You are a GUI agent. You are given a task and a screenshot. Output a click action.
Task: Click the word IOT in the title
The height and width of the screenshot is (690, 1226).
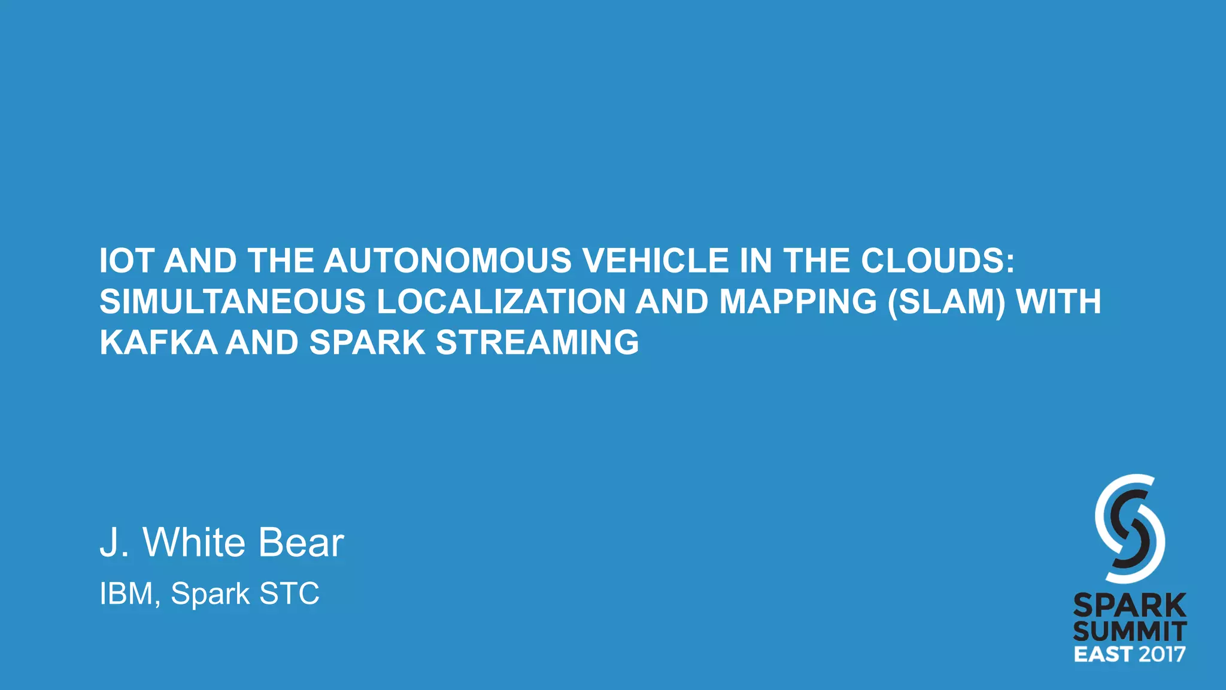(126, 261)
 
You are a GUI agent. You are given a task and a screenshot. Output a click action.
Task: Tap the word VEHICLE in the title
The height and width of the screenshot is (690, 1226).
(656, 261)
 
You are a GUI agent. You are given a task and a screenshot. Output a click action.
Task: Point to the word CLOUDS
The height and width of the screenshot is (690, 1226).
(937, 261)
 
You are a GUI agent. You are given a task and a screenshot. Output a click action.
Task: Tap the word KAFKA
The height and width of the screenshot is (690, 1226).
(159, 343)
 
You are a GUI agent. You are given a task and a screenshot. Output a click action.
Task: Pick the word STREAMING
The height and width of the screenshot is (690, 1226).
(537, 343)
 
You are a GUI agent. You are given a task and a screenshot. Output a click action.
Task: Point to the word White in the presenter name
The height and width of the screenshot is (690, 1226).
(194, 543)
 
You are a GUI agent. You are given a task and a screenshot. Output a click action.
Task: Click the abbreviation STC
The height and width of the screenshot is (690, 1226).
(289, 594)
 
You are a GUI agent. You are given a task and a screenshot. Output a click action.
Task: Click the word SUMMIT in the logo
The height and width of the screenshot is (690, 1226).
(1130, 631)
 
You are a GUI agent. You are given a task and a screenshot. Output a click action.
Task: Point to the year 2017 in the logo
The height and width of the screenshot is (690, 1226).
(1162, 653)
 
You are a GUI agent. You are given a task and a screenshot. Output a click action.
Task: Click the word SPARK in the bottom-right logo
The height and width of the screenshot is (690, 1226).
(1130, 606)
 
